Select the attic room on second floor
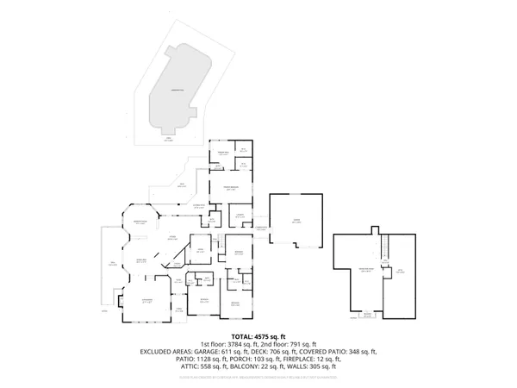(399, 272)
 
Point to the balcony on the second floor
(368, 315)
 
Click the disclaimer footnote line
(258, 378)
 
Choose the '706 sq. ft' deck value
(281, 352)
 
